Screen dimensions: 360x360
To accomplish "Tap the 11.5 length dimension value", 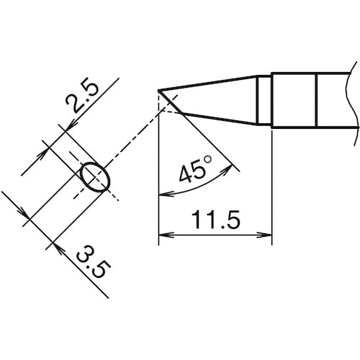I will (214, 219).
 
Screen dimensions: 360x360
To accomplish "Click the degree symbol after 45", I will (207, 165).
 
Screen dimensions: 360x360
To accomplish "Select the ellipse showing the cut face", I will (96, 178).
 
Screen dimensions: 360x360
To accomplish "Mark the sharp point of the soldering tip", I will (158, 90).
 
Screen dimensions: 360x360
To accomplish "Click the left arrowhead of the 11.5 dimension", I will (163, 235).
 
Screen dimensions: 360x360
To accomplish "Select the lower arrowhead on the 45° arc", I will (161, 193).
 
